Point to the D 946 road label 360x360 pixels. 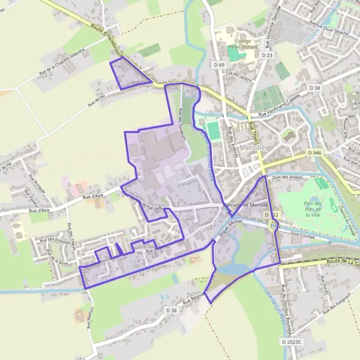(316, 153)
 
